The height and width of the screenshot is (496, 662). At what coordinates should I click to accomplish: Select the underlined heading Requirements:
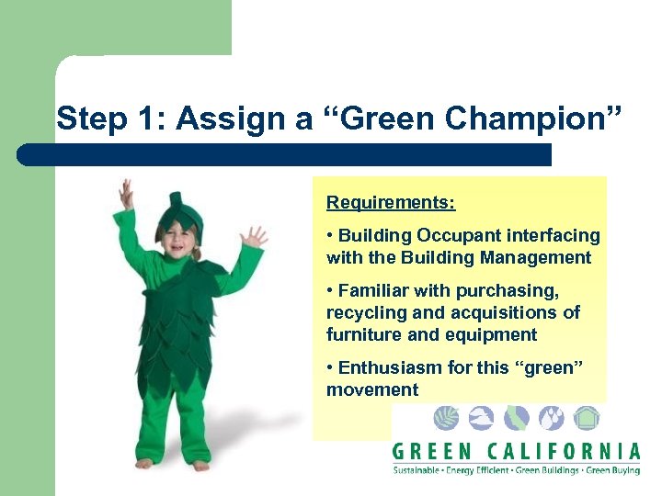click(x=391, y=201)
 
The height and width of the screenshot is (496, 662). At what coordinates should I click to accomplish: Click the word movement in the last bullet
click(x=371, y=389)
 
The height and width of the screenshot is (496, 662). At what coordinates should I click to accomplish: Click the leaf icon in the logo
click(x=446, y=419)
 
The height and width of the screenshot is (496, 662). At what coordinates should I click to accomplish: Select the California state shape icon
click(x=517, y=419)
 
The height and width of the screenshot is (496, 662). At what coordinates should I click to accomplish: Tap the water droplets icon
click(x=552, y=419)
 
